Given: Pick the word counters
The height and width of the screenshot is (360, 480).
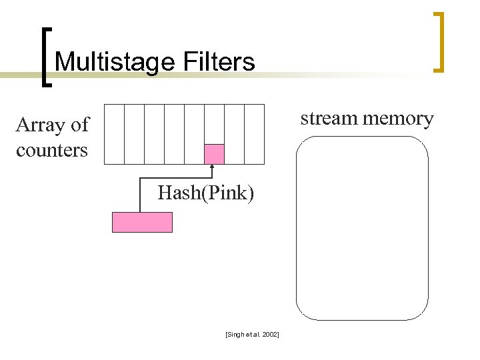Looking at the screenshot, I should point(52,150).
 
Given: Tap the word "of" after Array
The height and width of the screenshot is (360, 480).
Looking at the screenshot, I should point(80,125).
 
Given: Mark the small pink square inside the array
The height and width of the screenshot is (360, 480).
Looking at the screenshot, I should point(214,154).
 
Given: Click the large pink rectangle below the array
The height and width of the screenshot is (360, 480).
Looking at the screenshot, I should point(142,222).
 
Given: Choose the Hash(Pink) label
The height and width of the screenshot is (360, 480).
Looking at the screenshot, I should point(205,193).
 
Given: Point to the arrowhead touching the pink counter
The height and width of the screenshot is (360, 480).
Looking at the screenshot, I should point(212,167).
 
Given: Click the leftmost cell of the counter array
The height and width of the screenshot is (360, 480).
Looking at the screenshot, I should point(115,133).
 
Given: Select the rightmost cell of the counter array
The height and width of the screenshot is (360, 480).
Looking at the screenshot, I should point(254,133).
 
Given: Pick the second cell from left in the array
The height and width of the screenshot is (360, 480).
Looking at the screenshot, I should point(135,133).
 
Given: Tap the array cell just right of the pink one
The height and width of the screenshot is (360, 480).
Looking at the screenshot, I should point(234,133).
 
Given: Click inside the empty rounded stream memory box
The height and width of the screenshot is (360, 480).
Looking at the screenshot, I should point(362,227).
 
